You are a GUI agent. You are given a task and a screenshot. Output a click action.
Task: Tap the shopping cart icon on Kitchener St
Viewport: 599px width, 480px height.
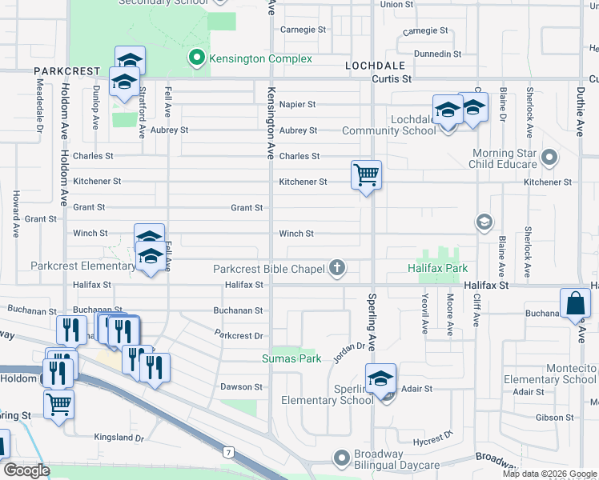click(x=366, y=174)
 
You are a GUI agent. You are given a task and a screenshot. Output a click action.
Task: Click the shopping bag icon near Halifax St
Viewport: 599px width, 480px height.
click(x=575, y=303)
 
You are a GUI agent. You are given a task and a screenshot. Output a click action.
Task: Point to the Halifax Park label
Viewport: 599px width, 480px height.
click(x=436, y=268)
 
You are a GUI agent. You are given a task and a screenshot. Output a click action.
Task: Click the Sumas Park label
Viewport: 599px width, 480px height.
click(x=291, y=358)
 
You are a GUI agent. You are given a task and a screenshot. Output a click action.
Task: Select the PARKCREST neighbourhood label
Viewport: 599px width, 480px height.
click(x=66, y=71)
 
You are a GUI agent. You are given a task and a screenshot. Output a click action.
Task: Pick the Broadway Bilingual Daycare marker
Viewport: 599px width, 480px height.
click(x=342, y=456)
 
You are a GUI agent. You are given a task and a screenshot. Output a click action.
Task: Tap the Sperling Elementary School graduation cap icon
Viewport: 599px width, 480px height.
click(x=381, y=378)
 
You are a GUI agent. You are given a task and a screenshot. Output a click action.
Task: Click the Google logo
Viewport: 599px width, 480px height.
click(x=26, y=470)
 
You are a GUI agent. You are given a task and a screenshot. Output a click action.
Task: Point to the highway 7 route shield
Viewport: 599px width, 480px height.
click(x=230, y=453)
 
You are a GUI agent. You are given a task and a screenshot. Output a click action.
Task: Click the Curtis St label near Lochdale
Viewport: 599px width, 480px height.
click(x=391, y=79)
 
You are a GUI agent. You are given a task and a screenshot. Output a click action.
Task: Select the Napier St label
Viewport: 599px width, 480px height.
click(x=297, y=104)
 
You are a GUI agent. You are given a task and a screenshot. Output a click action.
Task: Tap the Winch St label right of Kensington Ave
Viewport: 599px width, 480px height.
click(x=295, y=234)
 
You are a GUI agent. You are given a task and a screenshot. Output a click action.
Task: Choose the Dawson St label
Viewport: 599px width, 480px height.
click(x=241, y=386)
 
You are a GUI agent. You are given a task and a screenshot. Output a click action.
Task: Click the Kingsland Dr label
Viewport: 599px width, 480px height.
click(x=119, y=438)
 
